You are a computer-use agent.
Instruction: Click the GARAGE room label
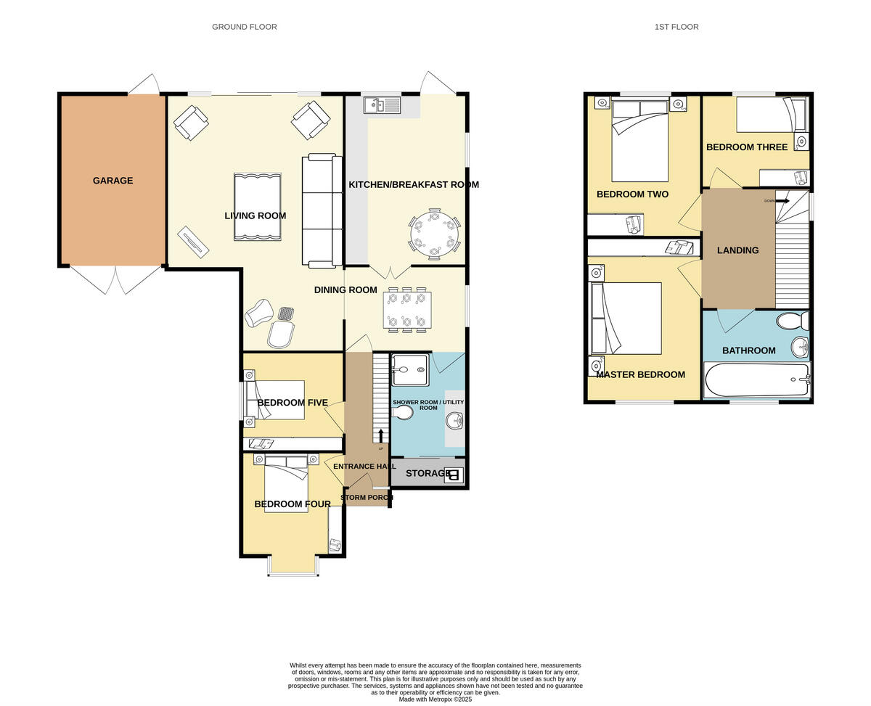(x=113, y=180)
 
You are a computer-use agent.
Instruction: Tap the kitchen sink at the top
(x=382, y=104)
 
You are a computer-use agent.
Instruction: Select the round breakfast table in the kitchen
(x=434, y=234)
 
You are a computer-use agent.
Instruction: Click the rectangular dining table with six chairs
(x=406, y=310)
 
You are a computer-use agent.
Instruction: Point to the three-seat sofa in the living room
(x=322, y=210)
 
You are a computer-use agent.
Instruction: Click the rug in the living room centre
(x=257, y=207)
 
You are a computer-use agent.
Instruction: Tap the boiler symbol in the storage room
(x=454, y=475)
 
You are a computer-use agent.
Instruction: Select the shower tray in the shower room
(x=410, y=370)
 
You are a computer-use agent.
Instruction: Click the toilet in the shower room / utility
(x=402, y=412)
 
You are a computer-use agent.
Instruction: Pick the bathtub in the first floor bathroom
(x=757, y=379)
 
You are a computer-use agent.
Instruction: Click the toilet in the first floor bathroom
(x=793, y=321)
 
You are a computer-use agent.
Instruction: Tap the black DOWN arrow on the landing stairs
(x=782, y=201)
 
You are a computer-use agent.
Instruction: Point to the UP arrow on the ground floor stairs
(x=381, y=436)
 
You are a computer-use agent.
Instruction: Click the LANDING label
(x=737, y=250)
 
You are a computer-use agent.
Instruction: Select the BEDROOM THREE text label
(x=747, y=147)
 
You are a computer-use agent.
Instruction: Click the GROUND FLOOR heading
(x=244, y=27)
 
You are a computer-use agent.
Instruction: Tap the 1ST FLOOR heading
(x=676, y=27)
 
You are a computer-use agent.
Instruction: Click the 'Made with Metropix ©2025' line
(x=435, y=699)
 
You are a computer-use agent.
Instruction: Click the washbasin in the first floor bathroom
(x=801, y=348)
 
